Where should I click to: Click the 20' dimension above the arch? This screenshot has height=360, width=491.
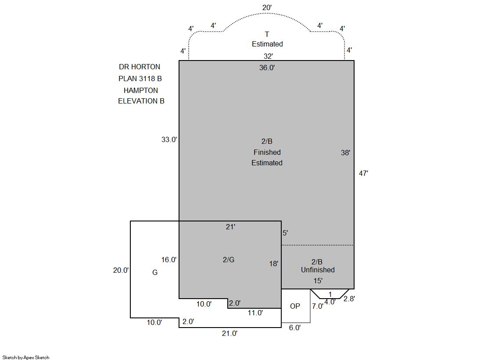click(x=267, y=7)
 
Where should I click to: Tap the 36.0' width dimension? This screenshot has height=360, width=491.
click(x=267, y=68)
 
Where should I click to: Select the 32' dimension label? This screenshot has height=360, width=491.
click(x=268, y=56)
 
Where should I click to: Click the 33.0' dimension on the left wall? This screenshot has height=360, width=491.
click(x=169, y=139)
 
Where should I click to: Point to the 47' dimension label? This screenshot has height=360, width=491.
click(x=364, y=174)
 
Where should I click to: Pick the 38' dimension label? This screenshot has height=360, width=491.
click(x=345, y=153)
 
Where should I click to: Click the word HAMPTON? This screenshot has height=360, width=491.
click(x=141, y=90)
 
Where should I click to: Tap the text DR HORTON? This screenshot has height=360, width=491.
click(x=140, y=67)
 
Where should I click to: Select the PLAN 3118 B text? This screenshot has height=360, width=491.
click(x=140, y=78)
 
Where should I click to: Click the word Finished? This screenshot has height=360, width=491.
click(x=267, y=153)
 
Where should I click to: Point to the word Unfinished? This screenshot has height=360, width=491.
click(x=318, y=270)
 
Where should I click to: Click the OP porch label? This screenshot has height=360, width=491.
click(x=295, y=306)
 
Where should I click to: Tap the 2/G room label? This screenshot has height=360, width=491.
click(x=229, y=260)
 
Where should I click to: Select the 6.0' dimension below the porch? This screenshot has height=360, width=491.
click(x=295, y=328)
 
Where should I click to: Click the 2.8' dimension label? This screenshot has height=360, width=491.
click(x=349, y=299)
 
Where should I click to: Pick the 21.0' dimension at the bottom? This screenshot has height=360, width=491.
click(x=230, y=334)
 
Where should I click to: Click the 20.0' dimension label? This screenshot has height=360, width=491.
click(x=121, y=270)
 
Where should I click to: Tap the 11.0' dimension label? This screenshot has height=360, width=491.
click(x=255, y=313)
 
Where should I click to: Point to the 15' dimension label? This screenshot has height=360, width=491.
click(x=318, y=281)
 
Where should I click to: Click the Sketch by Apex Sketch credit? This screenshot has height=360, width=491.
click(x=26, y=357)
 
